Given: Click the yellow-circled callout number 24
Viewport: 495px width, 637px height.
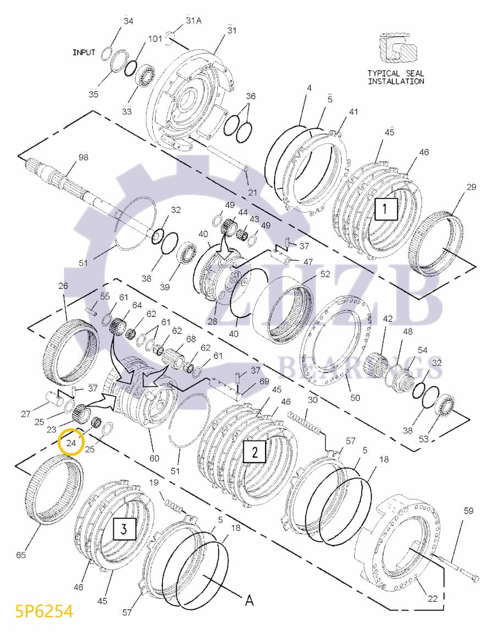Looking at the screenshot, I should pyautogui.click(x=70, y=441).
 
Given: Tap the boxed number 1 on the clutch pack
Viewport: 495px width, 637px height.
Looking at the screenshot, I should pyautogui.click(x=386, y=209).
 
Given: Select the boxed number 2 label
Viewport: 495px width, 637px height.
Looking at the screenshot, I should pyautogui.click(x=255, y=452).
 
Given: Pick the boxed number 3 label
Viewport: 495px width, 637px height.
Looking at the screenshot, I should pyautogui.click(x=124, y=529).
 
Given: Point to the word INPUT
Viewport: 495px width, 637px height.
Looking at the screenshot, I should pyautogui.click(x=84, y=53).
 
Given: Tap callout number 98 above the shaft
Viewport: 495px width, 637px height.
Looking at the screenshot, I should pyautogui.click(x=84, y=157).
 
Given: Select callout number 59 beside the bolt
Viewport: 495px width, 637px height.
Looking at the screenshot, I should pyautogui.click(x=468, y=511).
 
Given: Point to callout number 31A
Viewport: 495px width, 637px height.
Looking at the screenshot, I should pyautogui.click(x=194, y=20).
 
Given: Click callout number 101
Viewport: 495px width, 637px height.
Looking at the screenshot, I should pyautogui.click(x=155, y=39).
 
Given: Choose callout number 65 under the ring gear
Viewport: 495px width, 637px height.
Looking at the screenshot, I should pyautogui.click(x=21, y=554).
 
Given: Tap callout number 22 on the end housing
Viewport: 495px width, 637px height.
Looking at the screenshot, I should pyautogui.click(x=433, y=598).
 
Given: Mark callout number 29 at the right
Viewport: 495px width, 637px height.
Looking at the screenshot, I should pyautogui.click(x=471, y=187).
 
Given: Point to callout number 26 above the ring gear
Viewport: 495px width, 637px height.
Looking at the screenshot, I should pyautogui.click(x=63, y=285).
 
